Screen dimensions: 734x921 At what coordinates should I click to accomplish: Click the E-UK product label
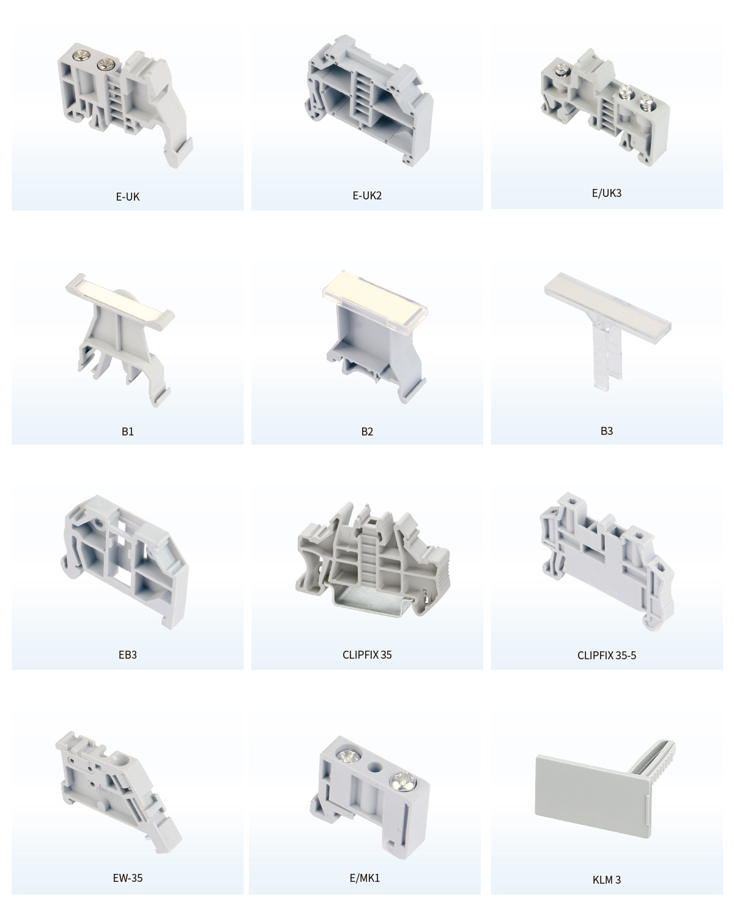(128, 196)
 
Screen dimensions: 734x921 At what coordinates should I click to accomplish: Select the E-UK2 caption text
(367, 196)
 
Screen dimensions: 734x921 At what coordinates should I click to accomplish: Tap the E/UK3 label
(606, 193)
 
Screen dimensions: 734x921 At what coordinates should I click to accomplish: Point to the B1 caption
(128, 431)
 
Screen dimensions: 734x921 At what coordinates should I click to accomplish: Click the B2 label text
(367, 431)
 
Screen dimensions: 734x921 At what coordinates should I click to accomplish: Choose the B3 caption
(606, 431)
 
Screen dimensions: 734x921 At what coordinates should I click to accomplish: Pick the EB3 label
(128, 655)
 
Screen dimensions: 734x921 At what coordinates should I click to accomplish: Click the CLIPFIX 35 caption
(367, 655)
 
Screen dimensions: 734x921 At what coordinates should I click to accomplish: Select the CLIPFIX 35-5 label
(606, 655)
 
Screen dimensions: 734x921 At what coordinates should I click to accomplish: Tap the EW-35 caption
(128, 878)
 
